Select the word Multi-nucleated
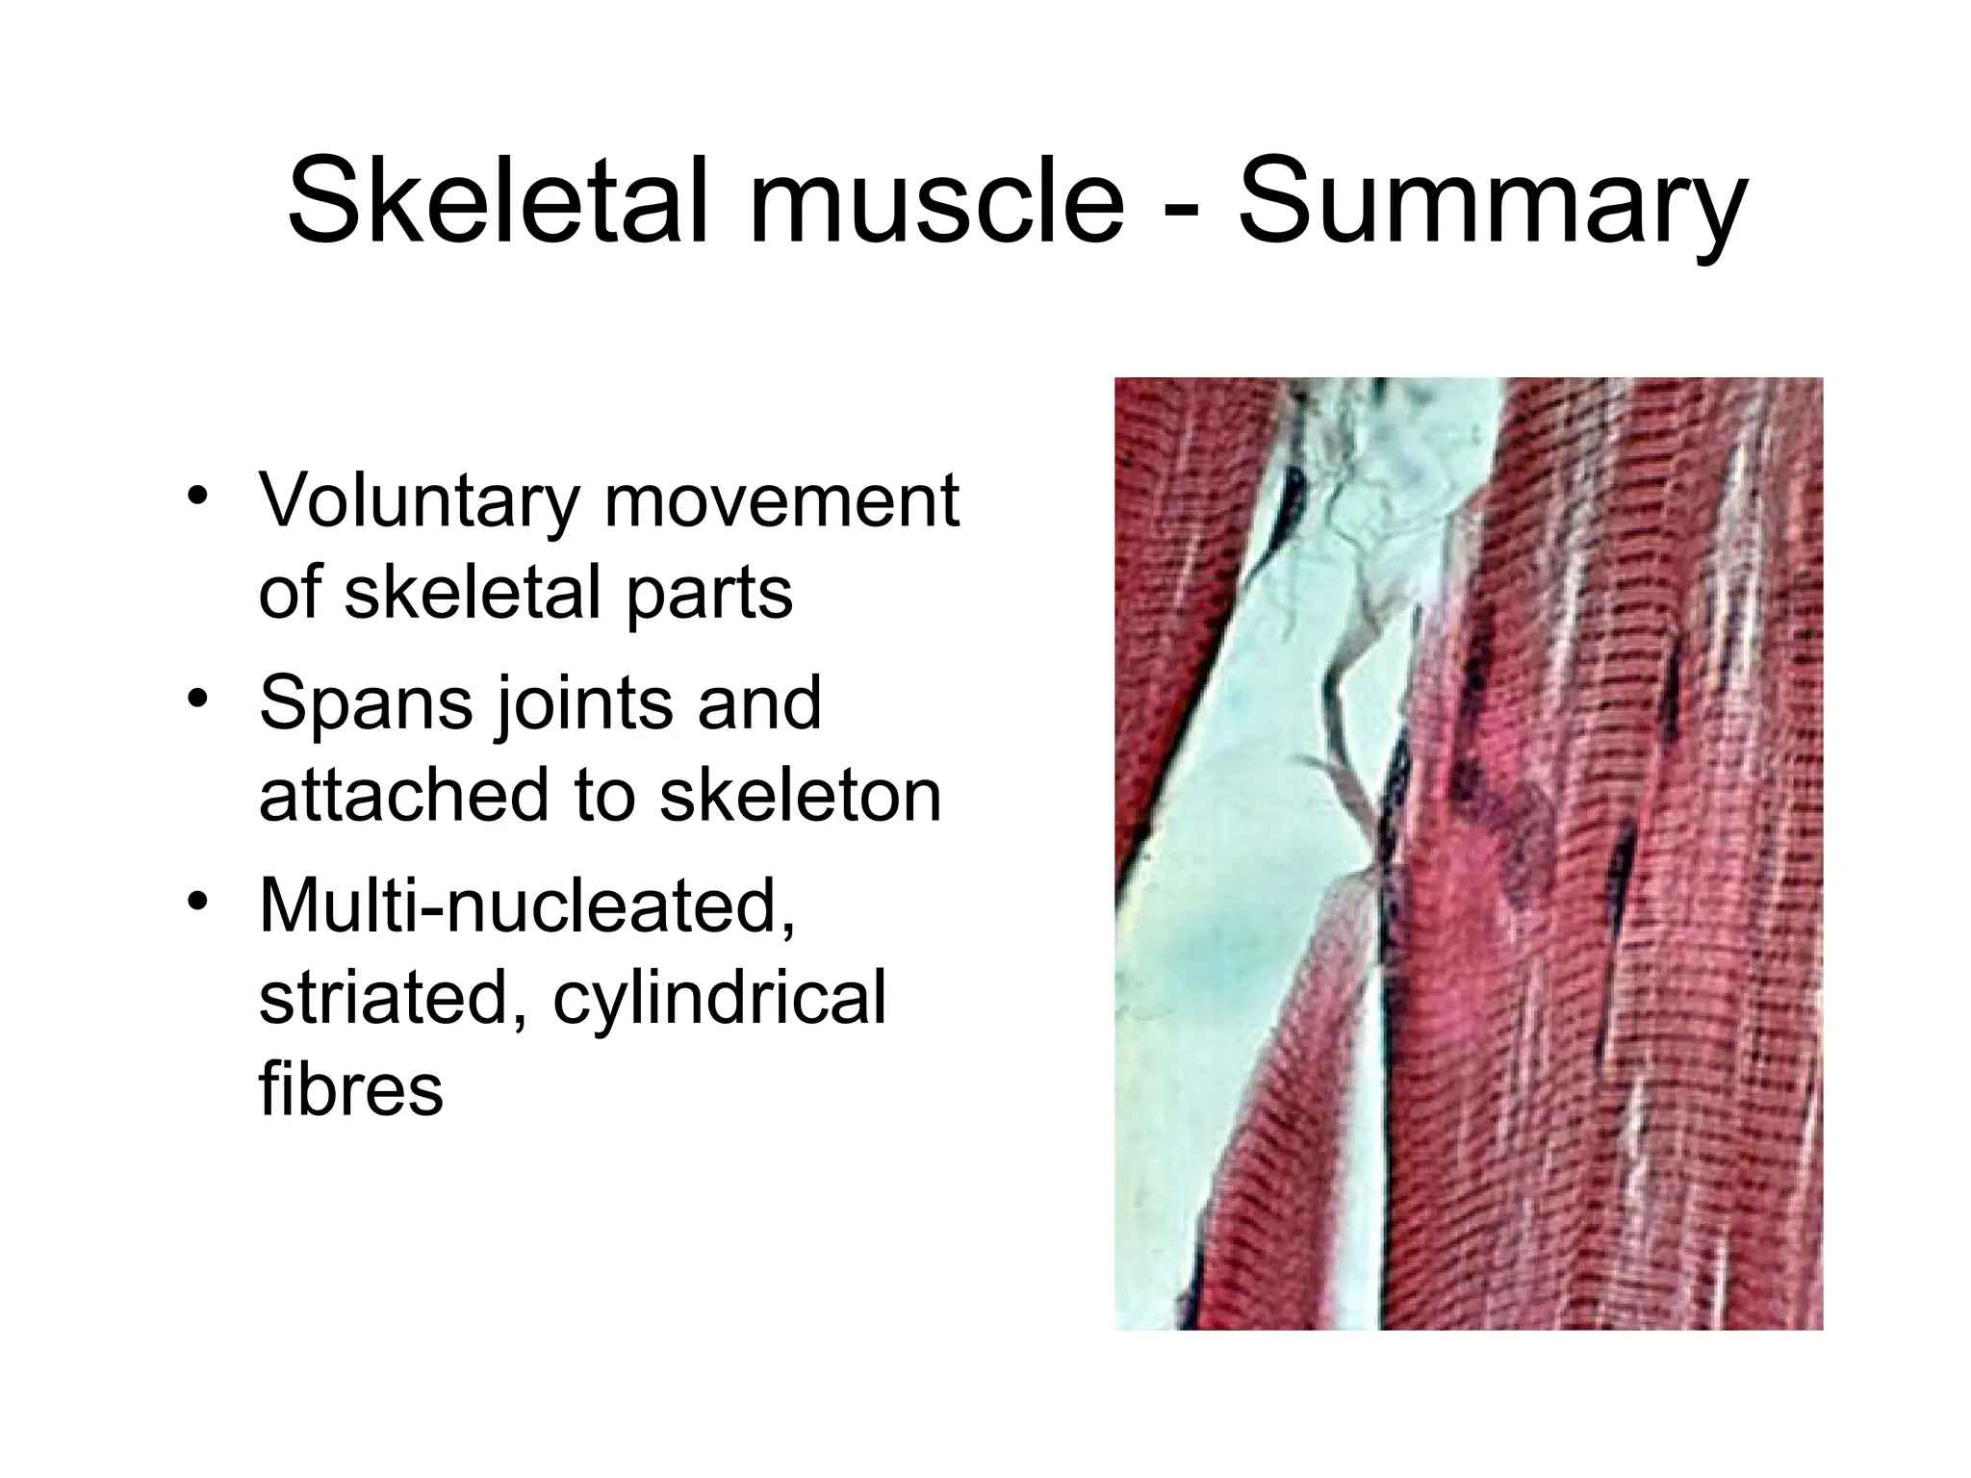(x=527, y=905)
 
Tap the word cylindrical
(x=719, y=998)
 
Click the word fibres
(x=350, y=1089)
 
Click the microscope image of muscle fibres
(x=1468, y=854)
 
